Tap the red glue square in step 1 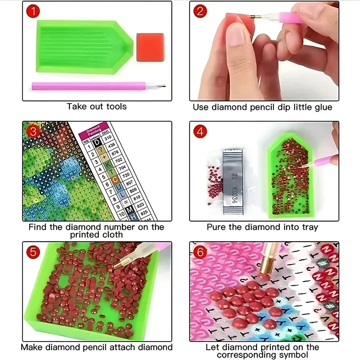pyautogui.click(x=150, y=47)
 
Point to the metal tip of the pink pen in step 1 pyautogui.click(x=162, y=86)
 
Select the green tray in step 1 pyautogui.click(x=83, y=47)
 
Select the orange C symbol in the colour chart pyautogui.click(x=115, y=179)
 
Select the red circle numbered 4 pyautogui.click(x=201, y=131)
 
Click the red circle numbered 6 pyautogui.click(x=201, y=252)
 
